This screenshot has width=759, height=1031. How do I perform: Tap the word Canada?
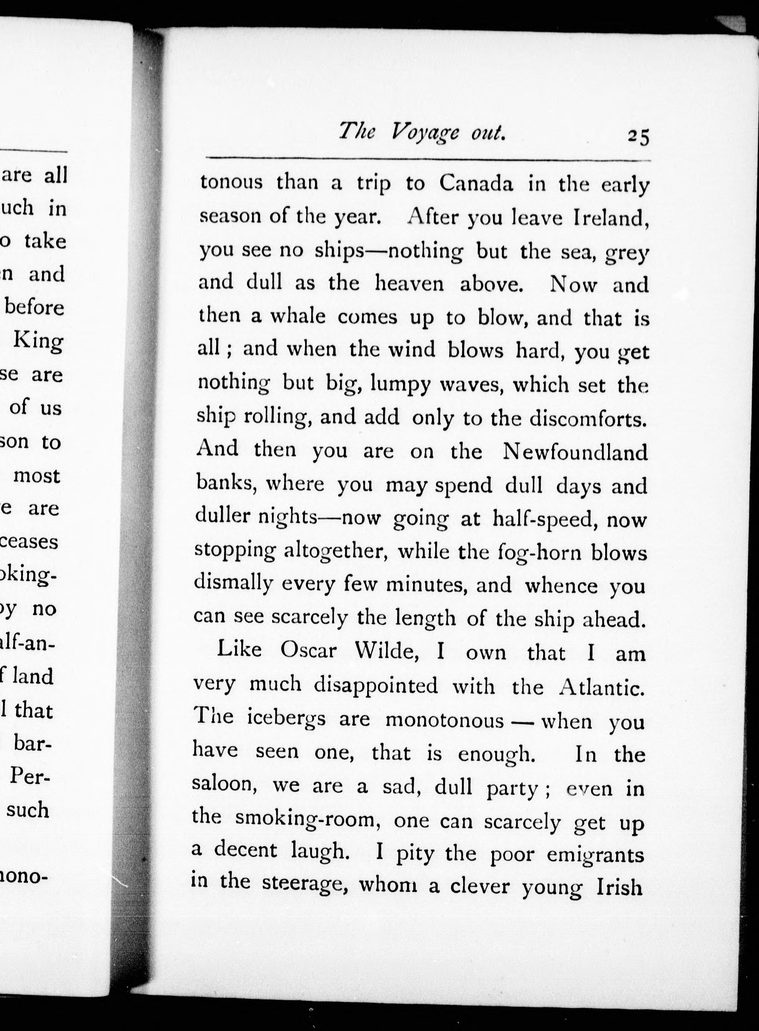click(x=476, y=184)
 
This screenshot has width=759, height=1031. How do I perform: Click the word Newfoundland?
click(x=575, y=452)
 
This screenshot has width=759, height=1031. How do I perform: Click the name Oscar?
click(x=308, y=650)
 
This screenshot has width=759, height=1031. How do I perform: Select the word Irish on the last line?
click(x=619, y=887)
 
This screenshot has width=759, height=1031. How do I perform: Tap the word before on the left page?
click(x=34, y=307)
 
